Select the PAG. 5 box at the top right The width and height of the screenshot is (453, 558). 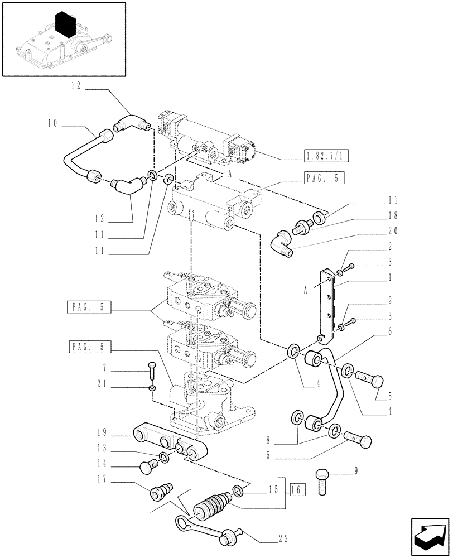point(325,179)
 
